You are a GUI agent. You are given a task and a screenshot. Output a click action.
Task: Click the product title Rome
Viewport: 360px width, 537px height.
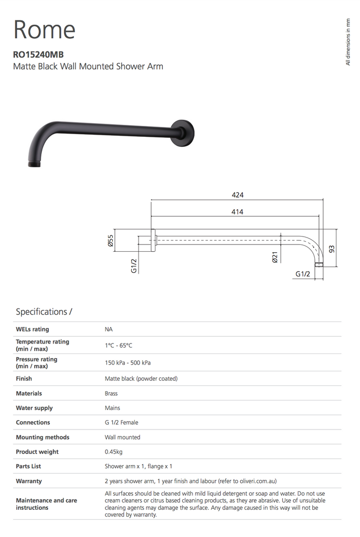45,29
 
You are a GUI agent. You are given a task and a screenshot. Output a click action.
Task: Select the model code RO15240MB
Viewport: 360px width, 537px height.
38,54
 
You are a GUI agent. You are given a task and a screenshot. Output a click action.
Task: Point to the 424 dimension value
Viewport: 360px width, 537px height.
238,195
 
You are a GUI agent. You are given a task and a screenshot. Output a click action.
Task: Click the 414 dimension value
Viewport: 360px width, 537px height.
237,212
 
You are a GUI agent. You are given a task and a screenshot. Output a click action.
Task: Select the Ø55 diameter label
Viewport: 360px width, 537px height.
111,242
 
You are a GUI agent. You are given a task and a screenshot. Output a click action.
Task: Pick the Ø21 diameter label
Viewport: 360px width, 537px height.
275,257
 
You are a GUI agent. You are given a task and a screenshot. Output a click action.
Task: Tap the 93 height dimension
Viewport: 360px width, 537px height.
332,249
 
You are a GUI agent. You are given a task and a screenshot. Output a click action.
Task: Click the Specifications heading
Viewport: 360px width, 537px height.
44,312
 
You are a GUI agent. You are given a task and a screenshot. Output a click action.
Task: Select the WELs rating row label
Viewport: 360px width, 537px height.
33,329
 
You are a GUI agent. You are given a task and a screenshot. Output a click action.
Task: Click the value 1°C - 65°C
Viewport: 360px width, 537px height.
119,345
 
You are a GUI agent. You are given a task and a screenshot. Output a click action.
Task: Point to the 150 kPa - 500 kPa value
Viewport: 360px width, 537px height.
128,363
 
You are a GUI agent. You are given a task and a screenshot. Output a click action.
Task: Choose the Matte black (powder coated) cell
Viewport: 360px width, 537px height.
141,379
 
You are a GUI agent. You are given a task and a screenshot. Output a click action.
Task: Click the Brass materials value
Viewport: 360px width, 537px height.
111,393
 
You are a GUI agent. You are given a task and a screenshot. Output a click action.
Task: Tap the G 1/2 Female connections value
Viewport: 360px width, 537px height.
122,423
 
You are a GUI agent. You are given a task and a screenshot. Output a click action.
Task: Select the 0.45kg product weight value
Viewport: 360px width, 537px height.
114,452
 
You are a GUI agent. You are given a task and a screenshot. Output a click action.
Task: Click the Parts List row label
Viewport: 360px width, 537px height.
28,466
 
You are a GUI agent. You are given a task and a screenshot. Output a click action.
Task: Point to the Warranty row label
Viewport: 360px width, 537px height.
29,481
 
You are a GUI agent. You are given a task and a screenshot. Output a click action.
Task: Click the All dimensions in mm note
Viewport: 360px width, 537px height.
347,42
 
